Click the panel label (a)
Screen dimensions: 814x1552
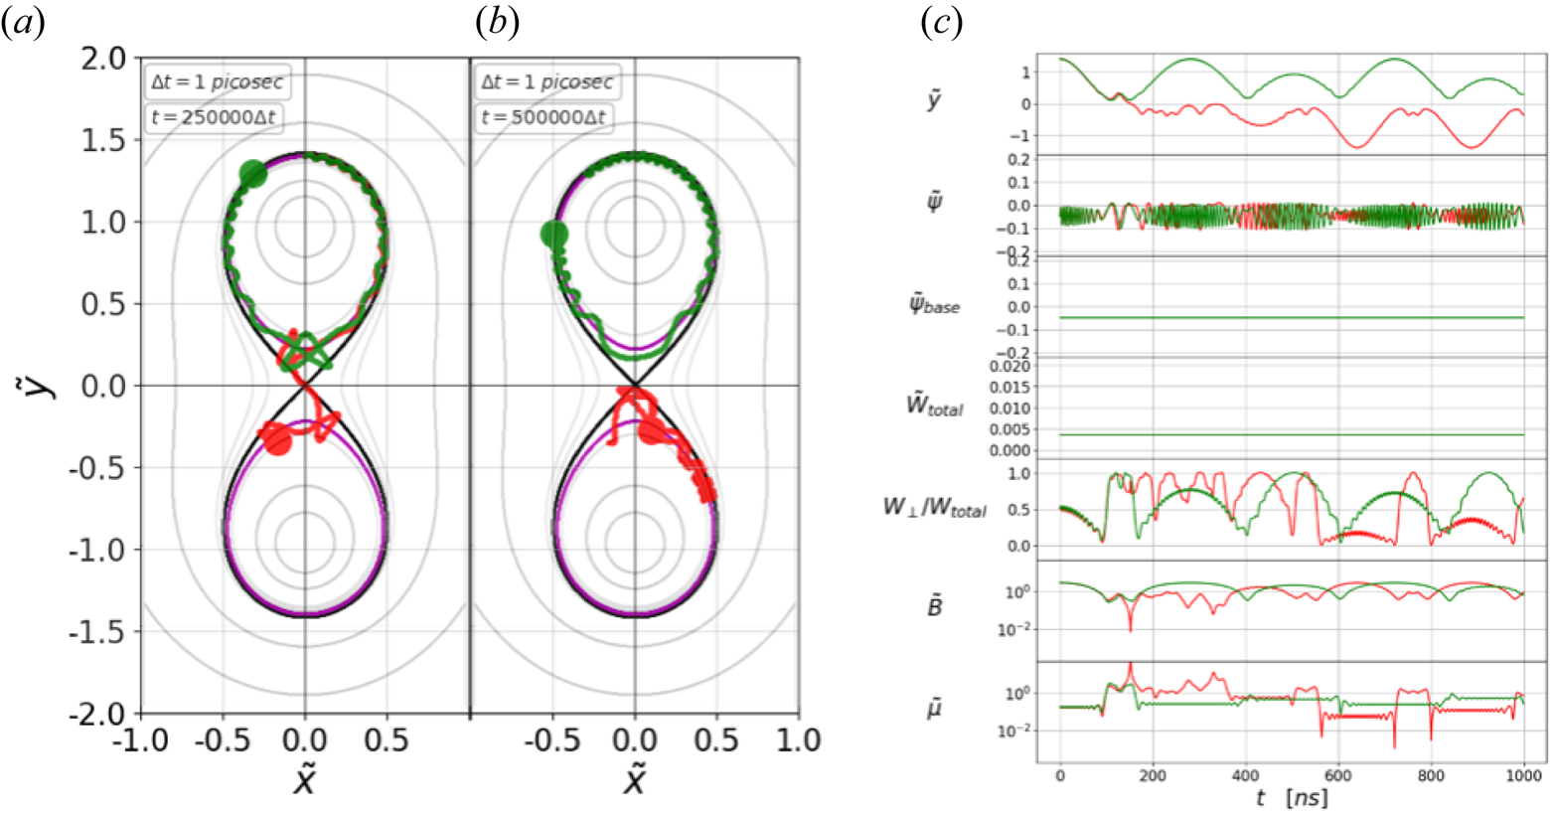(23, 23)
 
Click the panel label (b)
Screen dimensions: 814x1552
(498, 23)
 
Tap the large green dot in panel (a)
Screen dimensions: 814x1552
(253, 174)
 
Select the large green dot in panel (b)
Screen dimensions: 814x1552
(553, 235)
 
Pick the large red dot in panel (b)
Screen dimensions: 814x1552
(650, 431)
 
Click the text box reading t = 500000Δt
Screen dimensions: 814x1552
(546, 118)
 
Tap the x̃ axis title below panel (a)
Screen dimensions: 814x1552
(304, 781)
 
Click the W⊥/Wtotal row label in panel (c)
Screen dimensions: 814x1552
(934, 508)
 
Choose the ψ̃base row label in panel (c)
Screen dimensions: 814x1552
(934, 305)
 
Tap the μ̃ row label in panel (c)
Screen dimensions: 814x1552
(934, 708)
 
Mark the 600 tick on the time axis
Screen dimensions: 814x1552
(1338, 774)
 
